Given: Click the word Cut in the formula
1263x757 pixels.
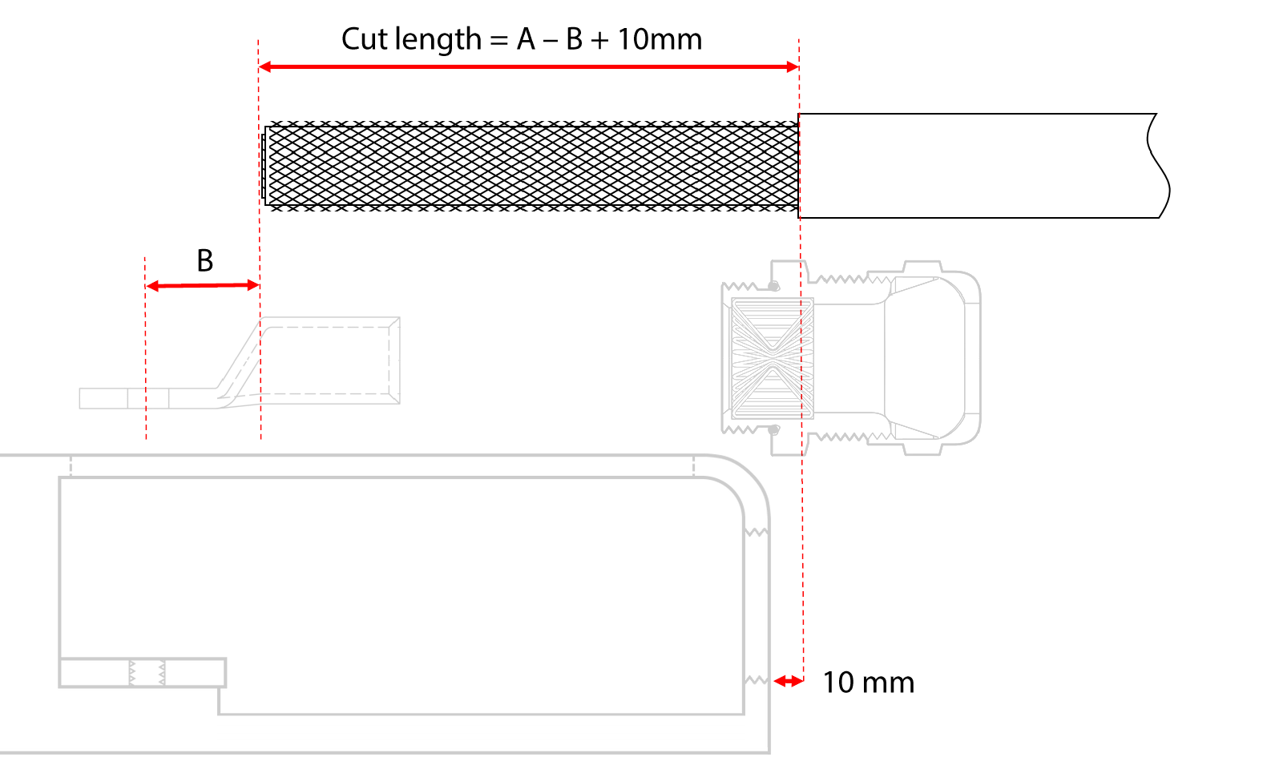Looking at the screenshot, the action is coord(365,39).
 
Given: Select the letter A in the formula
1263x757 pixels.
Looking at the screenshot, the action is coord(526,39).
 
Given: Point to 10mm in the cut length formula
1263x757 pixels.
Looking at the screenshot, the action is coord(660,39).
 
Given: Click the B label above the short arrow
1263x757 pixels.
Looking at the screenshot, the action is coord(204,261).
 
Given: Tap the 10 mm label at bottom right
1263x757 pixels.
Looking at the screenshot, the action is coord(869,683).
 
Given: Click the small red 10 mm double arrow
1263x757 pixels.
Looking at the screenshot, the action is coord(789,682).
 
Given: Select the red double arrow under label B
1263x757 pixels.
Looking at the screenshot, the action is coord(203,286).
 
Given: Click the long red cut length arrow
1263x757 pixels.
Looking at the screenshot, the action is coord(528,67).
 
